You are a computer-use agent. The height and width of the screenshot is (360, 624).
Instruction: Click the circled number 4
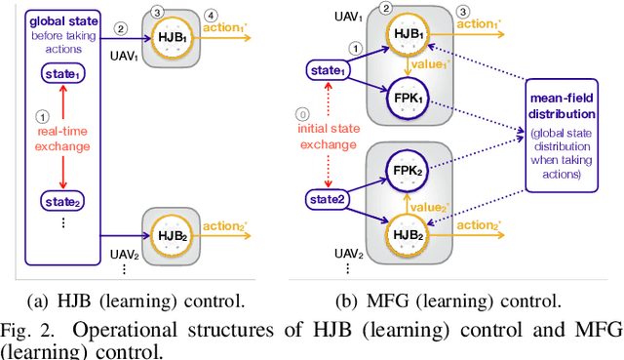click(x=213, y=14)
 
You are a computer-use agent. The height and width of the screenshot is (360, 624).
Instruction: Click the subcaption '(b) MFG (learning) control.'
click(x=458, y=302)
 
